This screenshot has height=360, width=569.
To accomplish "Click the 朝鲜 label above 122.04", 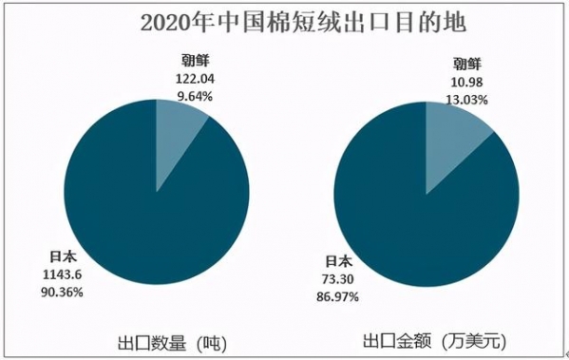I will click(x=191, y=65).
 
